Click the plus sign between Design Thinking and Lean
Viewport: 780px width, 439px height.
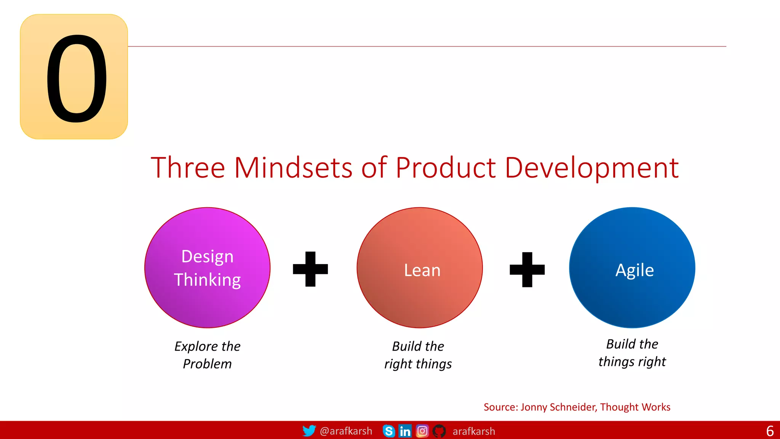(x=310, y=269)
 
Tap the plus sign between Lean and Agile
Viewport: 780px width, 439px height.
(x=527, y=269)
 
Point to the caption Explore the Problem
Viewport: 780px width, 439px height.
(x=208, y=355)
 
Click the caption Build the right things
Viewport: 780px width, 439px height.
(x=418, y=355)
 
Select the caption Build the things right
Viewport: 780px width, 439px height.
(x=632, y=352)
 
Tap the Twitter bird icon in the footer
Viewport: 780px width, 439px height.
(x=309, y=431)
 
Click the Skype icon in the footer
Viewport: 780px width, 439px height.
(x=388, y=431)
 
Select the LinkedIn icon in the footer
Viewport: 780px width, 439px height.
(x=405, y=431)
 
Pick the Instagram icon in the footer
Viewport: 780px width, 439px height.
(x=422, y=431)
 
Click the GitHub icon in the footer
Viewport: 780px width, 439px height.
(x=439, y=431)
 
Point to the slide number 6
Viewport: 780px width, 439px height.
(x=770, y=431)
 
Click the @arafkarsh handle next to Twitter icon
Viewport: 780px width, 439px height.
(x=346, y=431)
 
